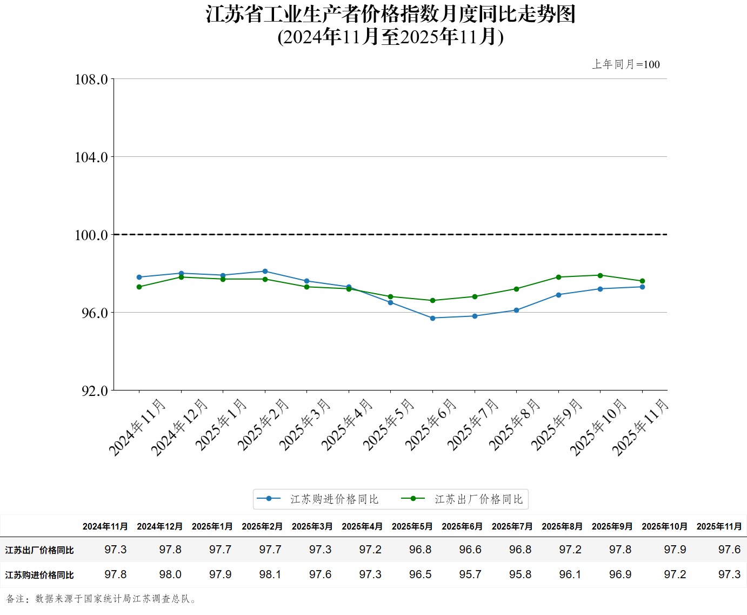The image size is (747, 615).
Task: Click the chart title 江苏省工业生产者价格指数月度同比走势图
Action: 390,15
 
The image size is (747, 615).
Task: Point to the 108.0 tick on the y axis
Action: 91,80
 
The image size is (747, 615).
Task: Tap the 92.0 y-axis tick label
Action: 95,391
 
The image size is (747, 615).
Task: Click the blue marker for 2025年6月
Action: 432,318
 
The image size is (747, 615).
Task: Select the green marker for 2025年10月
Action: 600,275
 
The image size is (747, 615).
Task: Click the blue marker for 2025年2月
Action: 265,272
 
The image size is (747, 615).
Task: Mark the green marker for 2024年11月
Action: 139,287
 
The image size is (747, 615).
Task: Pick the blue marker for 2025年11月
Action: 642,287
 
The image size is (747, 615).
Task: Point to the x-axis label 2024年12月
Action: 179,427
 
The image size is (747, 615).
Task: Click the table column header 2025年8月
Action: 562,526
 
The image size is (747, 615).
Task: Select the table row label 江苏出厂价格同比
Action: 39,550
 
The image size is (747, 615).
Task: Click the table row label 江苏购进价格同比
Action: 39,575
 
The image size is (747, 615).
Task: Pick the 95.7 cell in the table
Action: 470,574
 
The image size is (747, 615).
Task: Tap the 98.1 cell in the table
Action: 270,574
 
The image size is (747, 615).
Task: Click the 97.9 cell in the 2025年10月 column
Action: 675,550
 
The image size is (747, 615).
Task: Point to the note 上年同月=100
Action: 626,64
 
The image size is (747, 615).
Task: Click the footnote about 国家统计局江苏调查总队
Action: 102,599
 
